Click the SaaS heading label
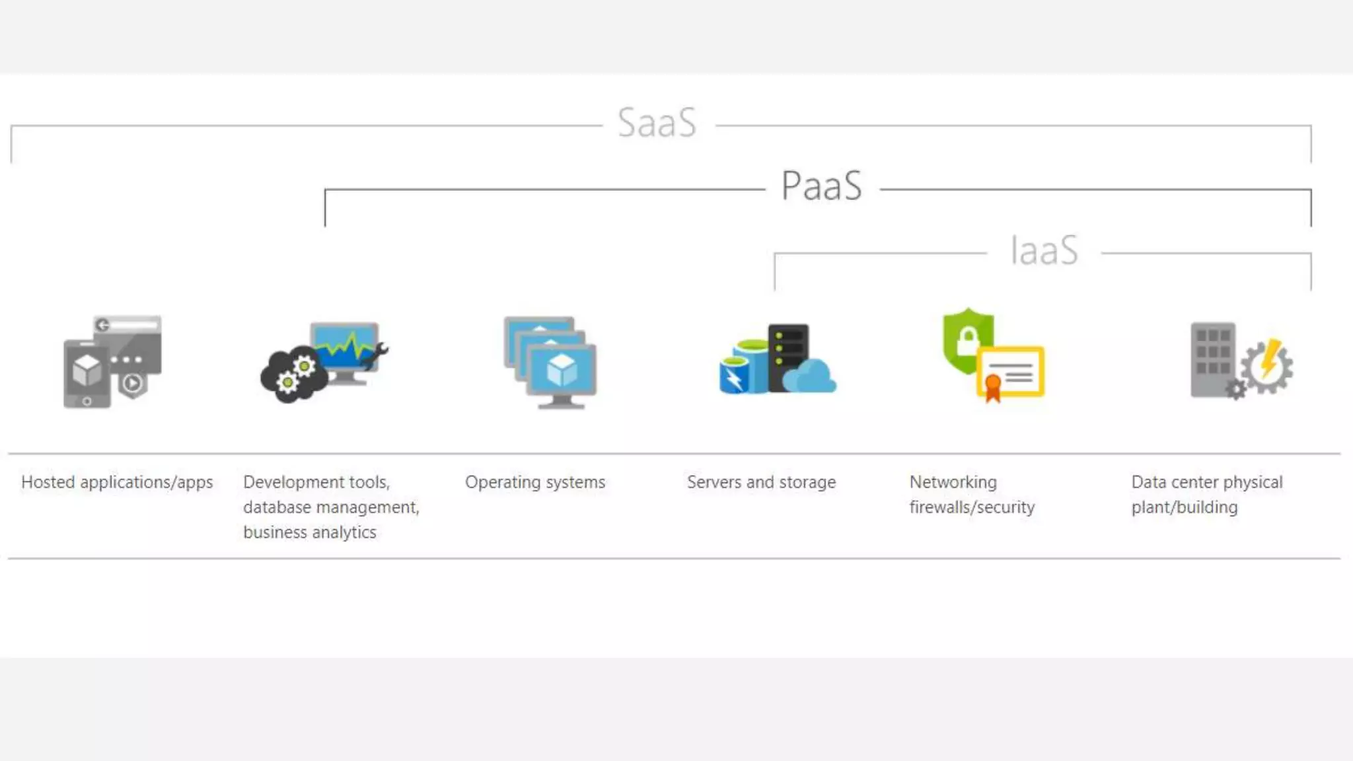(657, 123)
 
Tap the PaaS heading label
(822, 186)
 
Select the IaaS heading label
(1044, 250)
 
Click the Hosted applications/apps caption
(117, 482)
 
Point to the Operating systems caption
(535, 482)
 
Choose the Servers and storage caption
(761, 482)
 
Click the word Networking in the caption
(953, 482)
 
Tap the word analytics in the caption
(344, 532)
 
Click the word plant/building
(1184, 507)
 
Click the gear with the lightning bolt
(1268, 366)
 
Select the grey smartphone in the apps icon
(87, 374)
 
